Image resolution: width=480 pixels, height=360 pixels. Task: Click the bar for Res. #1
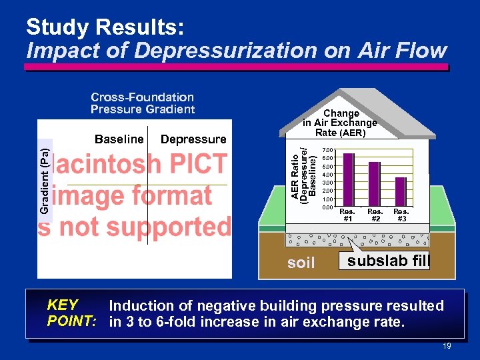(x=348, y=180)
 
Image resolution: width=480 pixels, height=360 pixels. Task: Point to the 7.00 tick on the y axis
(x=327, y=149)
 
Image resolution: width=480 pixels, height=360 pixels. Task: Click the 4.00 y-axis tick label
(x=327, y=175)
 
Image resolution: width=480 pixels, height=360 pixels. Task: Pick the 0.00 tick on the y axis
(x=327, y=207)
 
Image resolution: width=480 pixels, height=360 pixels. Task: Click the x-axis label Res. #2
(x=375, y=215)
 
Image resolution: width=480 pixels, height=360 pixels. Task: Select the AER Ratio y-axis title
(x=303, y=175)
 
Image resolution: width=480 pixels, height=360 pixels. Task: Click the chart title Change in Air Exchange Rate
(x=340, y=123)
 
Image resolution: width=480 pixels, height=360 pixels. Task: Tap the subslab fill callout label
(x=387, y=261)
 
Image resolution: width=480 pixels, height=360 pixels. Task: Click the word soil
(x=301, y=263)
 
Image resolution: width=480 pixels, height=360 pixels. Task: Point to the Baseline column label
(x=119, y=139)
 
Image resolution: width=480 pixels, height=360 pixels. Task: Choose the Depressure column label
(x=193, y=139)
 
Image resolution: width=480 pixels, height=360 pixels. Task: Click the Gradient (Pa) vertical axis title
(x=44, y=176)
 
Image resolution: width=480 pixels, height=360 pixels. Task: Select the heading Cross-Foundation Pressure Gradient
(x=143, y=103)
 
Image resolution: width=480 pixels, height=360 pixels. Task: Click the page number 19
(x=447, y=346)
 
